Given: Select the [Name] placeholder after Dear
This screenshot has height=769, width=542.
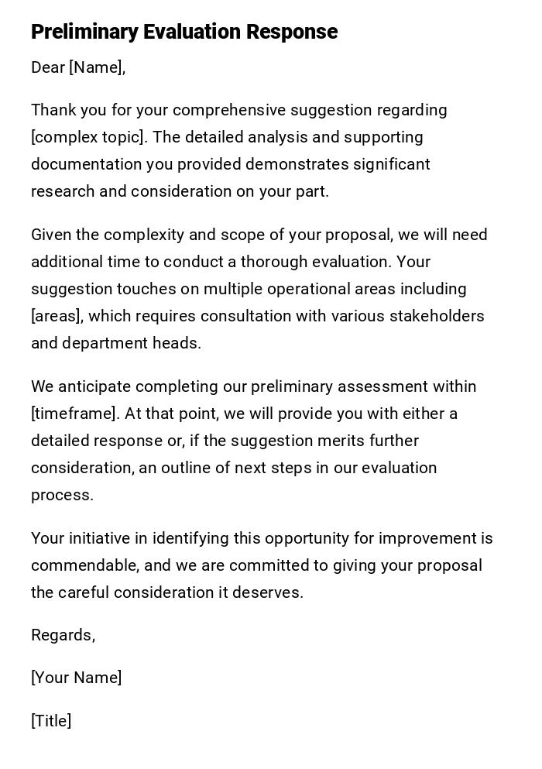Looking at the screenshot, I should click(x=96, y=67).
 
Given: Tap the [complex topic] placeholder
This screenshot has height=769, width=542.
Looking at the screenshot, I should click(x=87, y=137).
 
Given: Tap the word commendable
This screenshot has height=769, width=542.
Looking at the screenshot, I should click(x=84, y=565).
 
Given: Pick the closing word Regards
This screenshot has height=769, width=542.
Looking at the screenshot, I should click(x=62, y=636).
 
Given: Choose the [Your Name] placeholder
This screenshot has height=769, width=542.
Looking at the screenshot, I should click(x=76, y=678).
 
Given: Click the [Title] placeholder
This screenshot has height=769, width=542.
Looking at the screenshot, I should click(x=51, y=721).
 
